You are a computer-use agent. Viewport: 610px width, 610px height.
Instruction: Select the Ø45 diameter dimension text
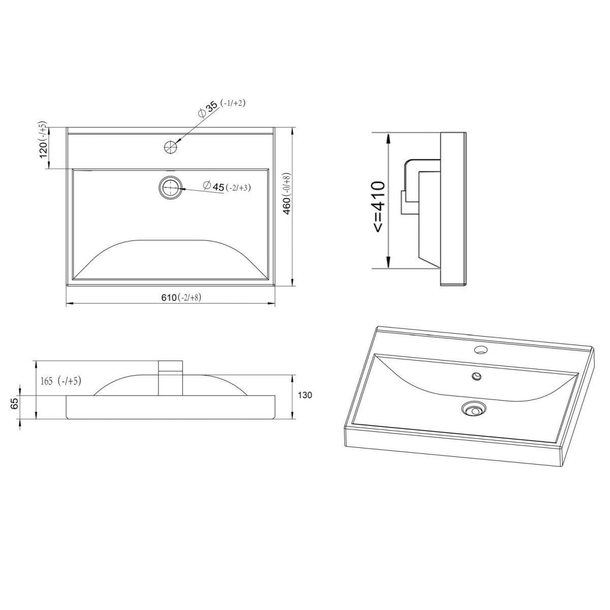click(x=213, y=187)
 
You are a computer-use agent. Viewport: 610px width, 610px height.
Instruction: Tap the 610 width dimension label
click(x=168, y=297)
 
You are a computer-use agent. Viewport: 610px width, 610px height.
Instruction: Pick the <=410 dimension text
click(x=379, y=207)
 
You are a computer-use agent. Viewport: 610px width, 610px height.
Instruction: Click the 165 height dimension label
click(x=47, y=381)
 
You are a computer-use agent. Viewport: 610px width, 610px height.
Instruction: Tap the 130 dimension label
click(x=305, y=395)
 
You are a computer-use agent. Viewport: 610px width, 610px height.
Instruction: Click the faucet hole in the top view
click(x=171, y=146)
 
